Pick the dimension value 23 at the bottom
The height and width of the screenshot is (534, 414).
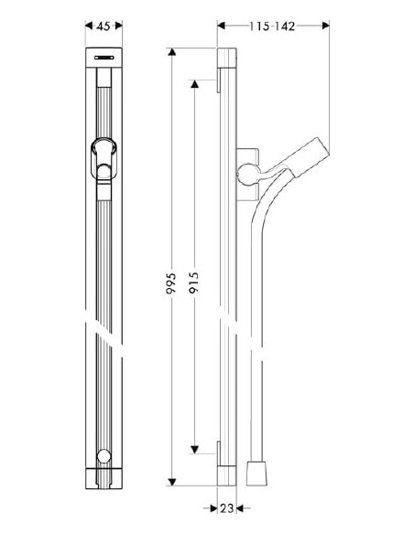229,508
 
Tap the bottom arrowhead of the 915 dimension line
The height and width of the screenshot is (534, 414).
194,449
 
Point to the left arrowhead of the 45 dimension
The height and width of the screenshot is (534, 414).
89,27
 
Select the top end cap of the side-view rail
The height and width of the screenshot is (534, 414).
226,59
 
